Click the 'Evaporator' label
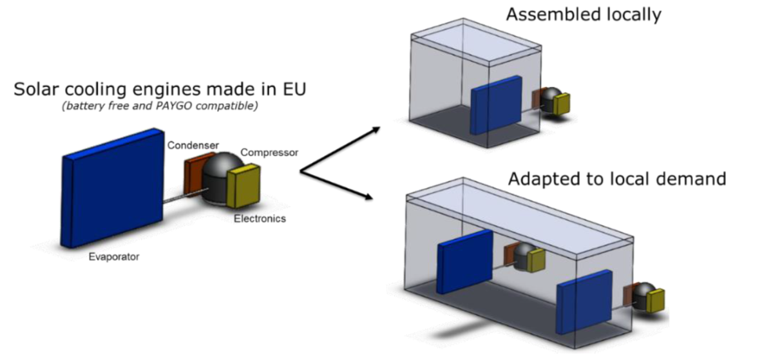point(113,257)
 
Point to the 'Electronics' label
point(260,219)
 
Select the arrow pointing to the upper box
point(341,150)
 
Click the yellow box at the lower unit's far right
point(656,301)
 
